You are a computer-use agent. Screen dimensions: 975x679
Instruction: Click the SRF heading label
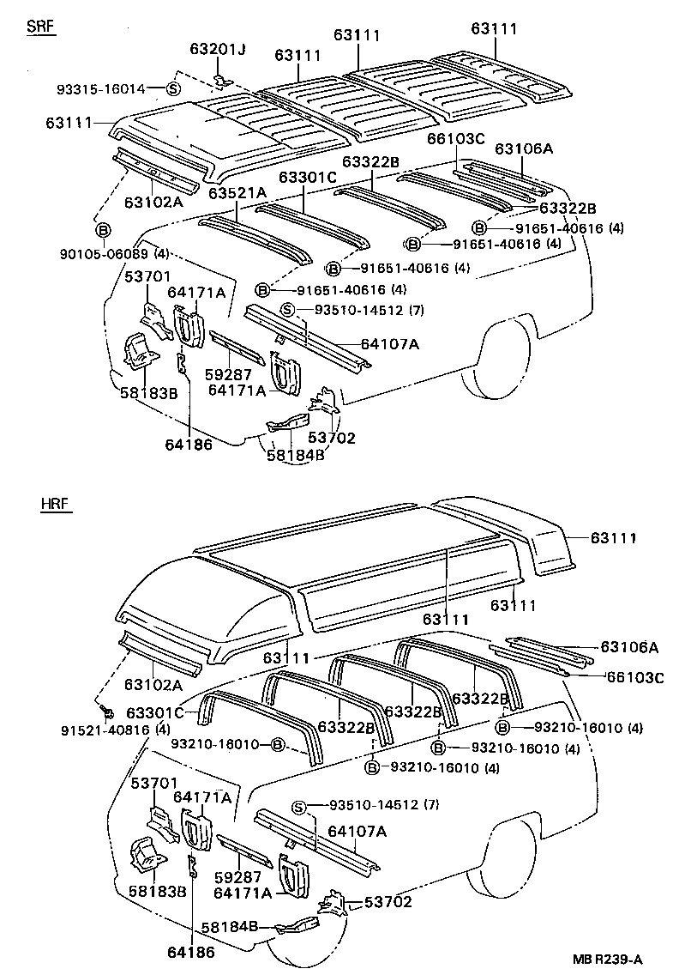(40, 27)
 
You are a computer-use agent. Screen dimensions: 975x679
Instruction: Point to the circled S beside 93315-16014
(172, 88)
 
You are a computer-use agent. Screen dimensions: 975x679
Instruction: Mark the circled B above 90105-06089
(103, 232)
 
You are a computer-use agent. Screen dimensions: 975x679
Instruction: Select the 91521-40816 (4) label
(104, 730)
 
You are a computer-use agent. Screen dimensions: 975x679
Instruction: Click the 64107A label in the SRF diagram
(389, 344)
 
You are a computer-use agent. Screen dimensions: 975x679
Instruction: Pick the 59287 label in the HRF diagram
(237, 878)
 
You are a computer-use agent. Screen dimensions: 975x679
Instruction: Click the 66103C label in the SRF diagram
(456, 139)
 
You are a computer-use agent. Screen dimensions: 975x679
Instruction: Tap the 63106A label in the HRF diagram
(629, 647)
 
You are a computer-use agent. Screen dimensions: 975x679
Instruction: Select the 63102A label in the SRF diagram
(153, 202)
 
